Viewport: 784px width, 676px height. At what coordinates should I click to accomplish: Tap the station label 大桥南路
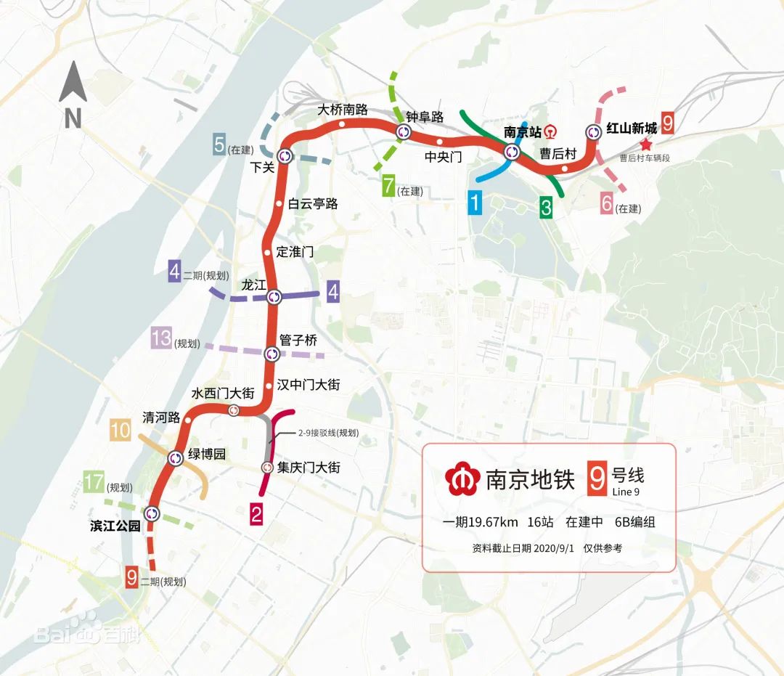coord(343,110)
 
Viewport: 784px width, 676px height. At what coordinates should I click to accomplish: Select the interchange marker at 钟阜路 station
coord(404,132)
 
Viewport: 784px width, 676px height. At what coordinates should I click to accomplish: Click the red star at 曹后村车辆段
coord(646,145)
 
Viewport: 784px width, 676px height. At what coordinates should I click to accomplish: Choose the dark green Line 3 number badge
coord(546,207)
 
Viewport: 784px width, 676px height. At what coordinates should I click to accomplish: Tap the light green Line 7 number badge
coord(389,187)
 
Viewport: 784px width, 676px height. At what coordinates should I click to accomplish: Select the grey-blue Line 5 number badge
coord(219,144)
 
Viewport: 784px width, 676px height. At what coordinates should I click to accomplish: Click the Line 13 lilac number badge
coord(161,338)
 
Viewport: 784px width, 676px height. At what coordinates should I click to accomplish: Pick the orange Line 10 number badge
coord(121,431)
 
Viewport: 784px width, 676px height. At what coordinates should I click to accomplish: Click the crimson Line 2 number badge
coord(256,515)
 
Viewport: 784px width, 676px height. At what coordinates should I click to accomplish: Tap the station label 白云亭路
coord(313,204)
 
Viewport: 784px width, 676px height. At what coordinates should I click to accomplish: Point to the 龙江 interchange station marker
coord(274,297)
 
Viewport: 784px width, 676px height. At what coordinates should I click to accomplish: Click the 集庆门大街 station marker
coord(266,468)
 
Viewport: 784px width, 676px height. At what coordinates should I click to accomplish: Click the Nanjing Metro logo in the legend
coord(462,479)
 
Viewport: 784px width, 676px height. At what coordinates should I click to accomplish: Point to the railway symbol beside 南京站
coord(552,132)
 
